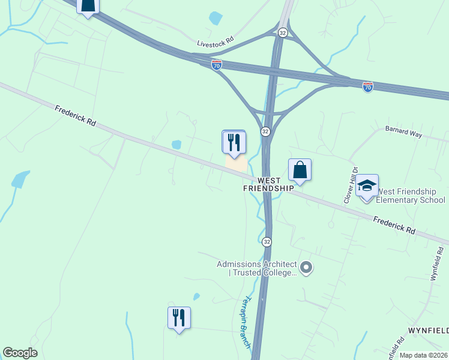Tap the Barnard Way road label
pos(403,132)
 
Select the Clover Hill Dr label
pos(351,185)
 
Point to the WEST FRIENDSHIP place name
pos(268,184)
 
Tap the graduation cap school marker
pos(367,186)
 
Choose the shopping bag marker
pos(300,170)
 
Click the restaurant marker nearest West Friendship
pos(234,142)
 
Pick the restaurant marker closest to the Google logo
pos(179,318)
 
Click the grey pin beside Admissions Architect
pos(306,267)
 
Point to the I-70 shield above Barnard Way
pos(368,87)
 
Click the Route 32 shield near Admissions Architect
pos(267,241)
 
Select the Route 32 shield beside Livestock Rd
pos(283,32)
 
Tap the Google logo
pos(20,353)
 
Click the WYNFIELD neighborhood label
pos(429,331)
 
